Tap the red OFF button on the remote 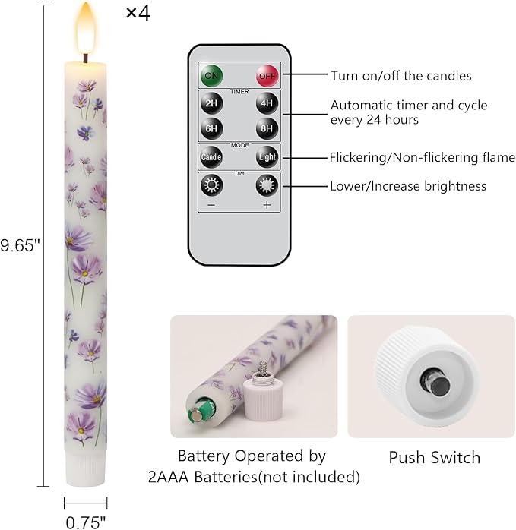pos(267,76)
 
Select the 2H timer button pos(211,103)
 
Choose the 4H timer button pos(267,103)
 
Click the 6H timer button pos(211,128)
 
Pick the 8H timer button pos(267,128)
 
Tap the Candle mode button pos(211,157)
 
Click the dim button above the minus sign pos(211,185)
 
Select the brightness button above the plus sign pos(267,185)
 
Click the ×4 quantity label pos(138,14)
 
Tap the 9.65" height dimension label pos(20,245)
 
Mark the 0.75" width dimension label pos(86,522)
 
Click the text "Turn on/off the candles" pos(401,76)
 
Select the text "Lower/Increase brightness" pos(408,186)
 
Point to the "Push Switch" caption pos(435,458)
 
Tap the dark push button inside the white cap pos(436,382)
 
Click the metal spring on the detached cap pos(262,370)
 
